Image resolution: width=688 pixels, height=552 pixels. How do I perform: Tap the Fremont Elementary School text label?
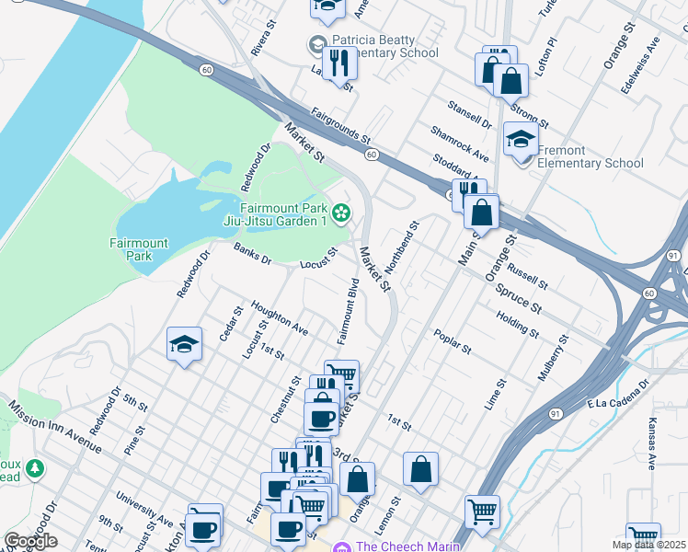(591, 156)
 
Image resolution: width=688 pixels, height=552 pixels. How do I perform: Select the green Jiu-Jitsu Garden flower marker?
(341, 213)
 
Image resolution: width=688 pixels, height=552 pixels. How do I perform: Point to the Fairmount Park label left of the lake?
(139, 249)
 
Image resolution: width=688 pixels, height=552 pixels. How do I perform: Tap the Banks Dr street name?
(252, 254)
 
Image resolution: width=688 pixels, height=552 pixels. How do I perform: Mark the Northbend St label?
(402, 247)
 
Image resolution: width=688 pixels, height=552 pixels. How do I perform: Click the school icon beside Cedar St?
(184, 346)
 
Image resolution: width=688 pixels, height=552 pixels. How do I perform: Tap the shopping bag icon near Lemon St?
(420, 470)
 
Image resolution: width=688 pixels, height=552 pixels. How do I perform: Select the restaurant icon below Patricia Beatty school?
(339, 64)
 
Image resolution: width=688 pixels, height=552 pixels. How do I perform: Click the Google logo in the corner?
(31, 541)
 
